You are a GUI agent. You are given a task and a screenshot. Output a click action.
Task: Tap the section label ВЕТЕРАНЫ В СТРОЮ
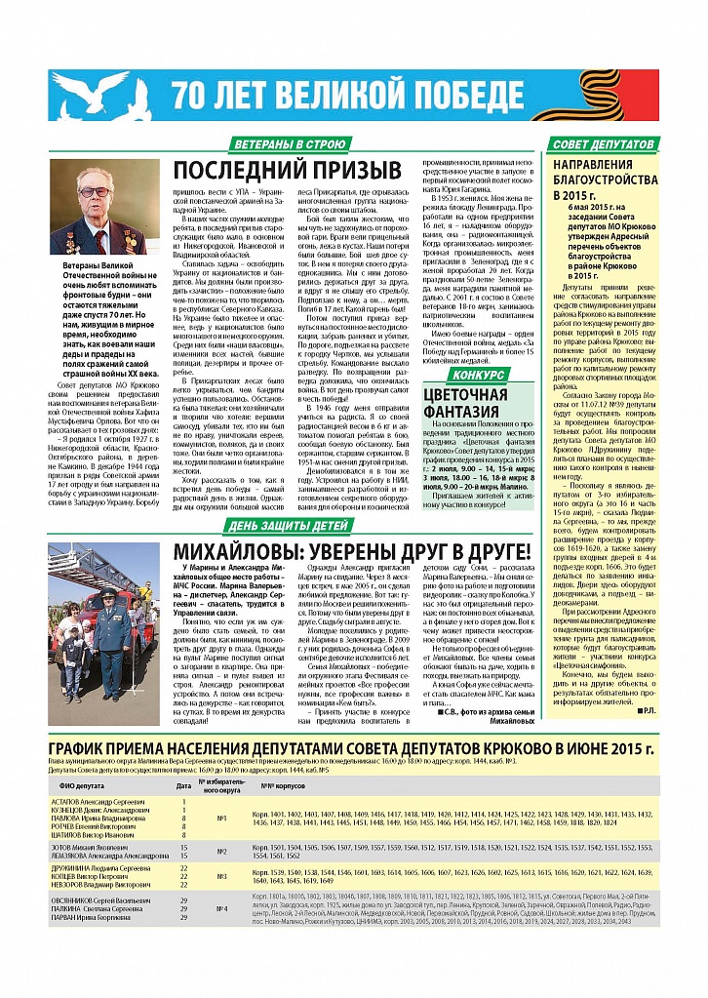284,145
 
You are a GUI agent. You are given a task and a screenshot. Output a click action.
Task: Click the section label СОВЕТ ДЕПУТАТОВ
602,145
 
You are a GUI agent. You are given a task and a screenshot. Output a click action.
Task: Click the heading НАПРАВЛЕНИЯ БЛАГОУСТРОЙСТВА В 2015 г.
601,180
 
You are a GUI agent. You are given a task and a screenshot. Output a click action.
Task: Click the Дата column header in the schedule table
183,783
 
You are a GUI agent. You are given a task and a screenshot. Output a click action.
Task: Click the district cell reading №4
221,908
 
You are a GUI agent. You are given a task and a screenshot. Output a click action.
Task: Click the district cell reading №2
221,852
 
